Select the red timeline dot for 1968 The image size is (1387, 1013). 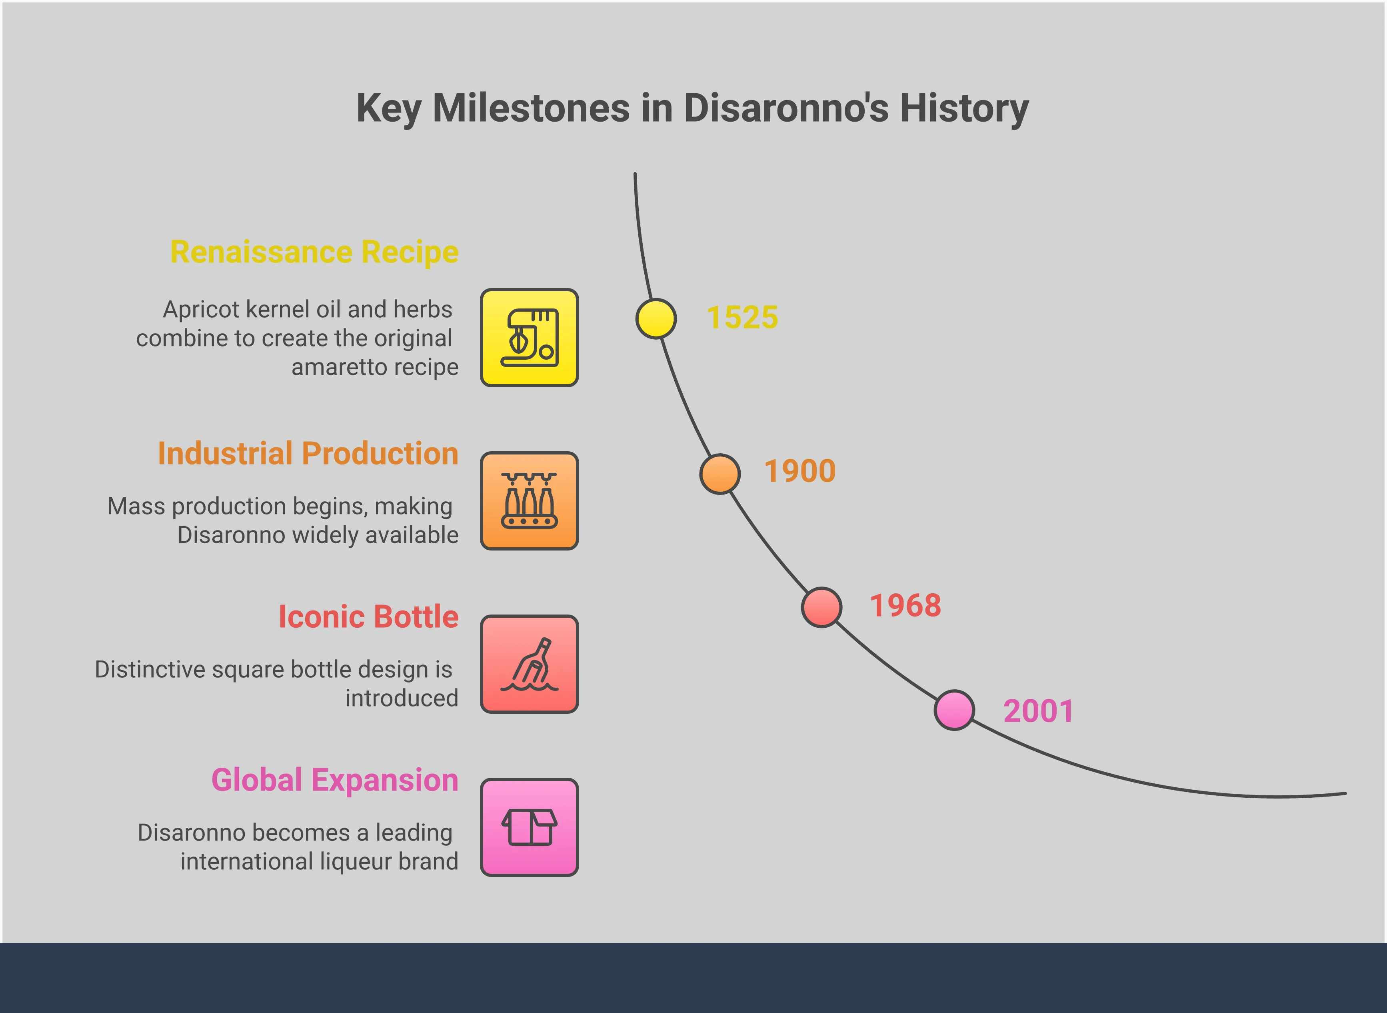tap(821, 607)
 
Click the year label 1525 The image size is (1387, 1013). tap(742, 318)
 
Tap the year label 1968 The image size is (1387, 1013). tap(905, 606)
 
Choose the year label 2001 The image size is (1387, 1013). tap(1038, 711)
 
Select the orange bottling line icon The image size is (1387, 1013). tap(529, 501)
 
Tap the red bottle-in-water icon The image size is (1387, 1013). tap(529, 664)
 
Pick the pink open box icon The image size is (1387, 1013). tap(529, 827)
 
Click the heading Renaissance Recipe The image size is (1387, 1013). tap(314, 252)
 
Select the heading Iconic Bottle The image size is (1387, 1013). tap(368, 617)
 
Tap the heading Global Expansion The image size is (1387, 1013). tap(335, 780)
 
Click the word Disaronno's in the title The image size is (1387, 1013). tap(786, 108)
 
